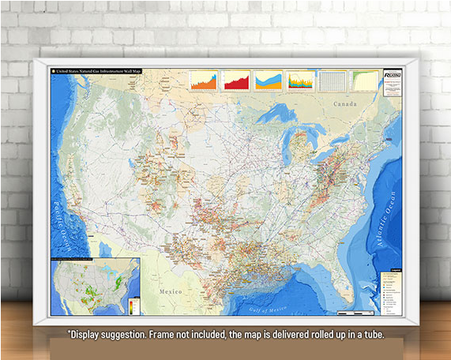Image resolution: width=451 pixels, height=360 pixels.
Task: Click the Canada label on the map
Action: click(x=344, y=103)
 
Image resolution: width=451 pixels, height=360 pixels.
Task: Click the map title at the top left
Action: click(x=100, y=71)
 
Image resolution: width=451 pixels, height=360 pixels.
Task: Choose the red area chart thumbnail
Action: click(x=236, y=81)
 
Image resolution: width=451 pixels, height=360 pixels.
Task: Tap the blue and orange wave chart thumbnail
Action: click(x=268, y=81)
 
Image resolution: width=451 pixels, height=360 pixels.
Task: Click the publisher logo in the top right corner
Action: click(x=391, y=73)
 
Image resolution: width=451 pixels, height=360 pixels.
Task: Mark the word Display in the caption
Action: click(x=88, y=335)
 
